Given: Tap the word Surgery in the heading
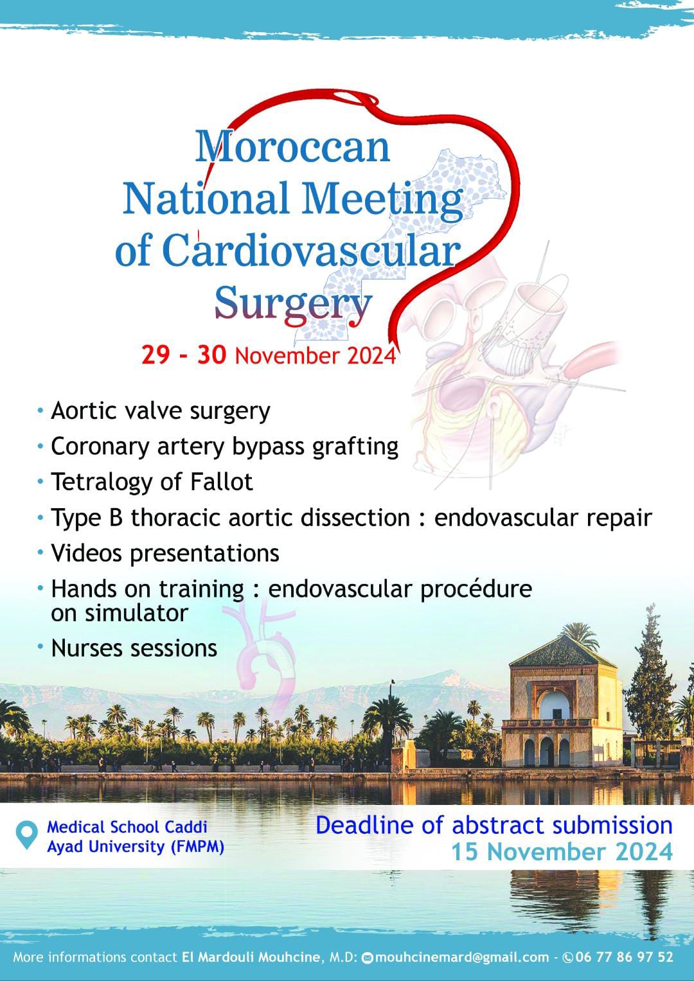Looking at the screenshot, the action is [293, 305].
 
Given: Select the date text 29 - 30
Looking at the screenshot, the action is [184, 355].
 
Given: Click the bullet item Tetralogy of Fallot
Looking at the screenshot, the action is [152, 482].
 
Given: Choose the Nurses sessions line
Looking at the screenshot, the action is [134, 648].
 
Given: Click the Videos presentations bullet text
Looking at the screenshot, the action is [165, 554].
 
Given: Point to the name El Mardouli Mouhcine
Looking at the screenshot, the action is [251, 957].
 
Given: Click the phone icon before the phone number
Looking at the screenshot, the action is [568, 957].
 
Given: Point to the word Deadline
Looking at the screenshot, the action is [364, 825].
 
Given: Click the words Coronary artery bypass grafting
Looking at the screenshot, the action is [225, 447].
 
